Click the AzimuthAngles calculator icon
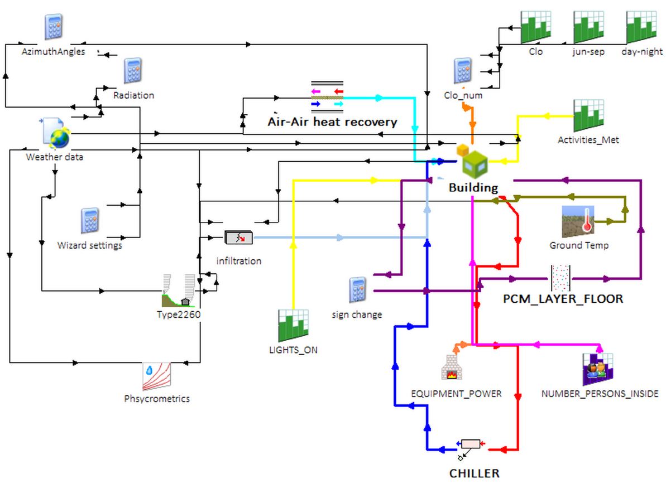(x=54, y=27)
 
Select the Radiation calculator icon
(x=133, y=71)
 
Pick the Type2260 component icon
(x=179, y=291)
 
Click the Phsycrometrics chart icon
(x=156, y=377)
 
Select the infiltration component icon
(x=238, y=238)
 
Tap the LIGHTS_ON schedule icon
(x=293, y=326)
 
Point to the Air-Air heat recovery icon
(x=327, y=96)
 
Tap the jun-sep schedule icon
(x=588, y=27)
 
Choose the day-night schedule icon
(x=641, y=27)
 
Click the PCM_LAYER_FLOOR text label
(x=563, y=299)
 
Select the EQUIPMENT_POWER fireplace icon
(x=456, y=367)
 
